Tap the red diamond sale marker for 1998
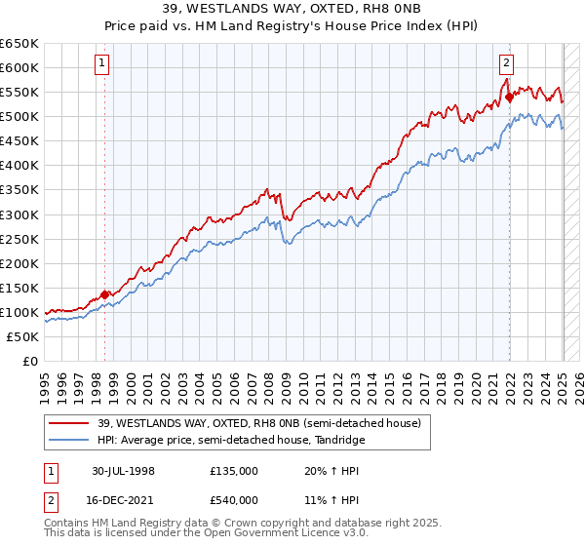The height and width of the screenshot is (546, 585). click(x=105, y=294)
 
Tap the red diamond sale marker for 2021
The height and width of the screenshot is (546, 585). click(x=509, y=97)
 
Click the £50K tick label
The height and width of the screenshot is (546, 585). click(x=23, y=336)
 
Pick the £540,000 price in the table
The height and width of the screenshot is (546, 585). click(x=234, y=499)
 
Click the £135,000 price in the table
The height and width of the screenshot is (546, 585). click(x=234, y=470)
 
